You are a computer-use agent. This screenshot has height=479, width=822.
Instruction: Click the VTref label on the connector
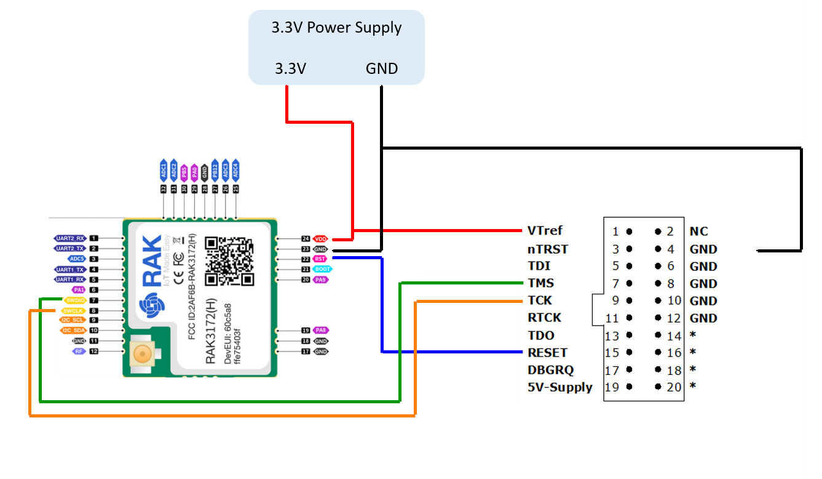click(x=545, y=231)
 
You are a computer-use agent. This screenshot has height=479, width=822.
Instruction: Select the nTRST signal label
click(x=548, y=249)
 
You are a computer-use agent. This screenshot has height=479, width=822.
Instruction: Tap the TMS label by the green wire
click(x=540, y=283)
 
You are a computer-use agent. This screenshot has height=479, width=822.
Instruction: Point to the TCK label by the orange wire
click(x=540, y=300)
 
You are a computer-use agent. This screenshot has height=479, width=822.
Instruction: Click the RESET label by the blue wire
click(x=547, y=353)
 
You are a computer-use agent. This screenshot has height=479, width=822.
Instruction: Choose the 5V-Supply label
click(x=559, y=387)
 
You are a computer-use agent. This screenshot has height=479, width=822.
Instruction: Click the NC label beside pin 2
click(x=698, y=231)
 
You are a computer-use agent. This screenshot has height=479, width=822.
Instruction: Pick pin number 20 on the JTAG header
click(x=674, y=387)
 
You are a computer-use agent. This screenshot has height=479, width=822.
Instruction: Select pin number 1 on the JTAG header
click(x=615, y=232)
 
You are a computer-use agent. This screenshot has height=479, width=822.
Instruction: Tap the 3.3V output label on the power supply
click(x=290, y=68)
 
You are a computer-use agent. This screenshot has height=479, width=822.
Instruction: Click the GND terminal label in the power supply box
click(x=382, y=68)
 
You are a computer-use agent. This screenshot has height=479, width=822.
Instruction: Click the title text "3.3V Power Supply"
click(x=336, y=28)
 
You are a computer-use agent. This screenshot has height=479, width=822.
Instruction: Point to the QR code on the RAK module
click(x=229, y=261)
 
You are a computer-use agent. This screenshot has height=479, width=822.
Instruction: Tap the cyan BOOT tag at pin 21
click(x=321, y=269)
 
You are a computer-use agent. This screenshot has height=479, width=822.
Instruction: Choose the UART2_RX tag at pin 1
click(x=69, y=238)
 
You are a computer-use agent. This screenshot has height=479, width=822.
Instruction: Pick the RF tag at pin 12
click(x=79, y=351)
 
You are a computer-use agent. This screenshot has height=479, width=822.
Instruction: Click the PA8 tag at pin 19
click(x=321, y=331)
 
